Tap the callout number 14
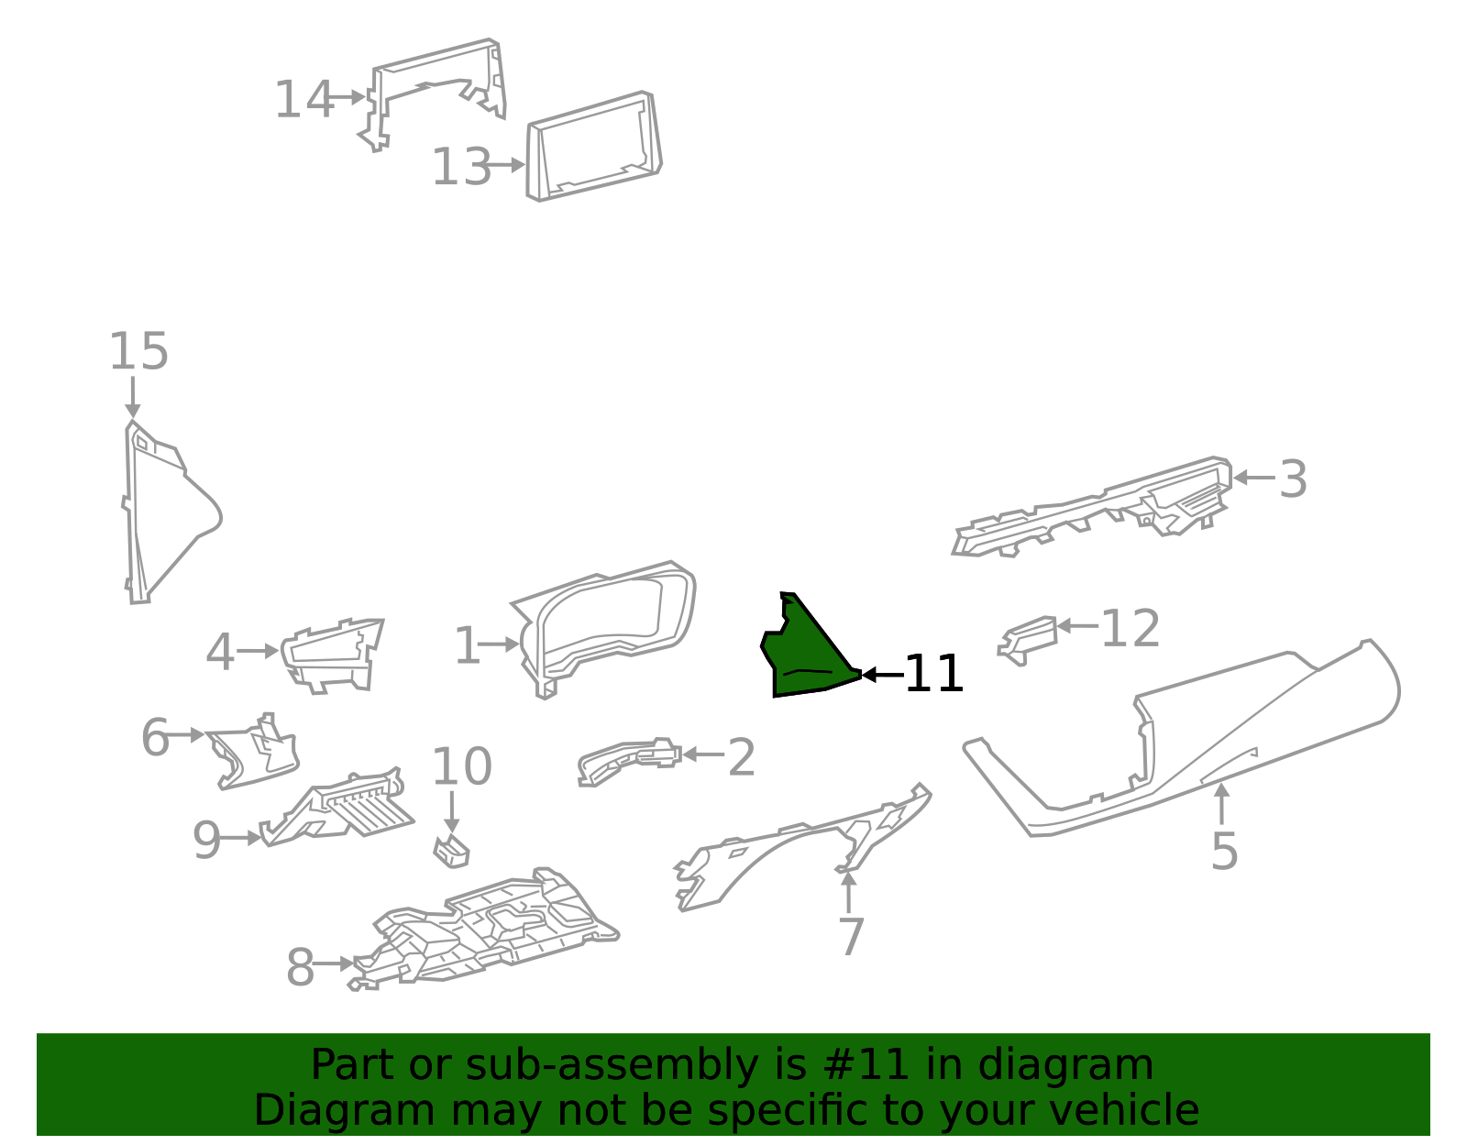pos(303,99)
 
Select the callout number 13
pos(461,166)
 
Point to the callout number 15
pos(138,350)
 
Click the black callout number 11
pos(933,673)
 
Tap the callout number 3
pos(1293,479)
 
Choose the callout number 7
pos(851,936)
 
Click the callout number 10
pos(462,765)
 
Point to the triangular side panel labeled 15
pos(169,512)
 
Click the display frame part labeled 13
pos(594,146)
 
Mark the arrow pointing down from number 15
pos(132,398)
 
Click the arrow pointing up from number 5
pos(1221,804)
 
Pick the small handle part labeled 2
pos(629,761)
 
